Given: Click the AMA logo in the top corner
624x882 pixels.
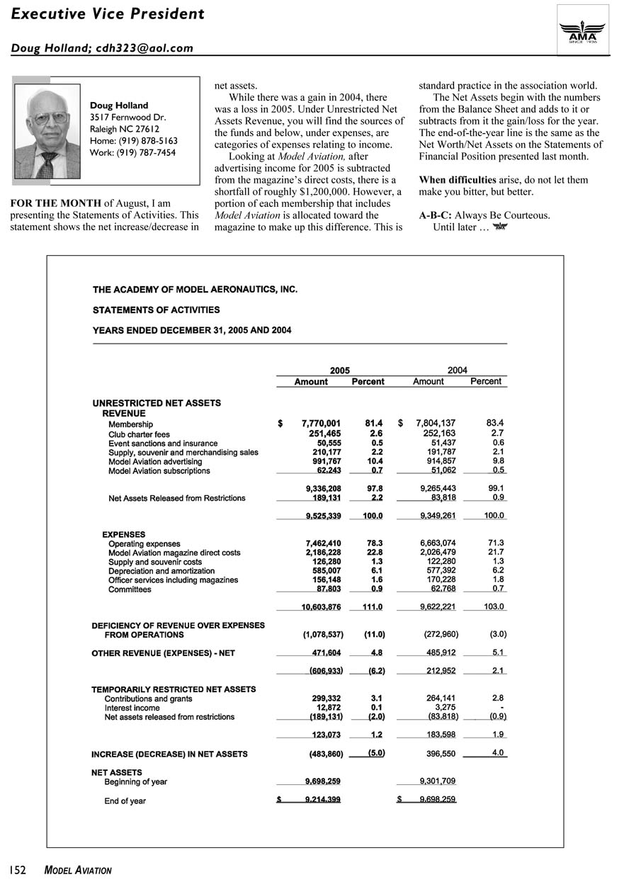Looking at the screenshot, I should coord(583,29).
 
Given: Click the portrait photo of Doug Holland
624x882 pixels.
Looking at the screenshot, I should coord(47,131).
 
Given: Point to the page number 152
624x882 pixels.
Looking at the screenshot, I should coord(18,869).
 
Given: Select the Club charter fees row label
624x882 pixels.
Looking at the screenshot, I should coord(139,434).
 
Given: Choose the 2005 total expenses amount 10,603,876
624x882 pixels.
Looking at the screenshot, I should coord(321,607).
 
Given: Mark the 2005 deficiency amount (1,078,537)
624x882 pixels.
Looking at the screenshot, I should coord(323,635).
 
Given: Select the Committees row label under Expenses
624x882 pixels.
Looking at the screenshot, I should coord(130,589).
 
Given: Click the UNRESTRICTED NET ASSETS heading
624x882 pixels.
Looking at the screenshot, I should coord(157,402).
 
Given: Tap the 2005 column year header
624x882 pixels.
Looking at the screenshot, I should coord(340,370).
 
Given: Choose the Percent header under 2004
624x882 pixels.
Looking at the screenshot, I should coord(485,381).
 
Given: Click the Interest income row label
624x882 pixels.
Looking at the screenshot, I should coord(132,708).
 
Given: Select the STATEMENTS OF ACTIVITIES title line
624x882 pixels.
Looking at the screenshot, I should coord(156,310).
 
